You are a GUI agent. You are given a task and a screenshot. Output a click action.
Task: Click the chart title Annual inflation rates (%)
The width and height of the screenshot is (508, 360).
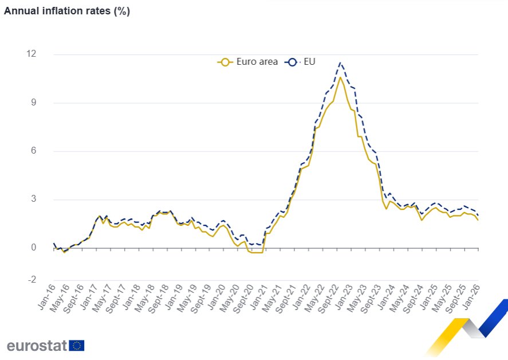click(67, 11)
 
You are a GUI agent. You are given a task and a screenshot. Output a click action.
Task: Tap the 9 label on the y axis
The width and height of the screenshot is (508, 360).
click(33, 103)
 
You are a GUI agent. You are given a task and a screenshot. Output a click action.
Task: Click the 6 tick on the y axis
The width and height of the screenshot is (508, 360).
click(33, 151)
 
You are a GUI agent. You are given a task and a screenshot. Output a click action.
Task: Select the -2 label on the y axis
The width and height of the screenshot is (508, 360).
click(31, 280)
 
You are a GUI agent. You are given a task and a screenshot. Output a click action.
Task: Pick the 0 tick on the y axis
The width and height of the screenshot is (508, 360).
click(33, 248)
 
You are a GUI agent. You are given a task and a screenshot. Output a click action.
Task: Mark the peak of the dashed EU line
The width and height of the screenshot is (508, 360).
click(340, 62)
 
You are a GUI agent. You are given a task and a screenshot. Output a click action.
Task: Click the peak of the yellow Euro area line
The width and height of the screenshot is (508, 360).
click(340, 77)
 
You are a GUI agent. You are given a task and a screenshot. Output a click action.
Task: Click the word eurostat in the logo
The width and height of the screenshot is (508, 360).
click(37, 346)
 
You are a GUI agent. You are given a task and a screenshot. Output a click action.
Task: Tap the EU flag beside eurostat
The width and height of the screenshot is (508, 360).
click(77, 345)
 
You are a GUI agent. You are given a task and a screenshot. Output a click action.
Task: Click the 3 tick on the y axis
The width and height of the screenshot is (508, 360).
click(33, 199)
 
